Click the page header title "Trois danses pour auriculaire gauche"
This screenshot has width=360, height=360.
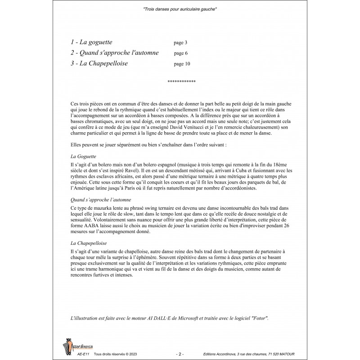pyautogui.click(x=180, y=9)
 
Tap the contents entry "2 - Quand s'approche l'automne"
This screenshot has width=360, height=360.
pyautogui.click(x=115, y=53)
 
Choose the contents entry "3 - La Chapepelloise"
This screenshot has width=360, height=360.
pyautogui.click(x=99, y=63)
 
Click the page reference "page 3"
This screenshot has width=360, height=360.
pyautogui.click(x=180, y=43)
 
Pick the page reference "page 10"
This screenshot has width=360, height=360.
pyautogui.click(x=182, y=64)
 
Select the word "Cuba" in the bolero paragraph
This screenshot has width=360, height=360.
pyautogui.click(x=222, y=171)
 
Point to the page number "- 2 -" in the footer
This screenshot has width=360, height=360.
pyautogui.click(x=180, y=355)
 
